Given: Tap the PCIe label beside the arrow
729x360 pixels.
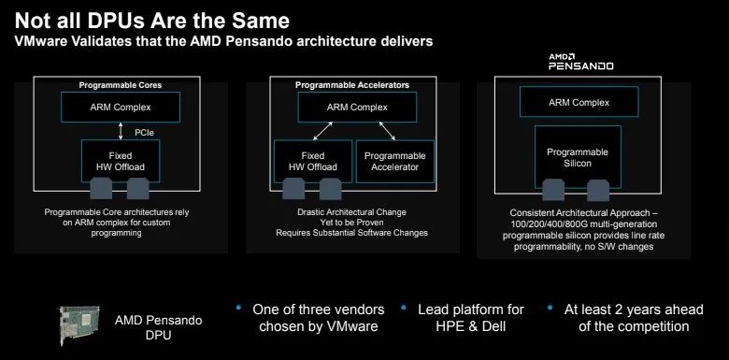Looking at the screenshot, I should point(144,132).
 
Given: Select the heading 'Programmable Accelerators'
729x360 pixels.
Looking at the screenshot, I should point(351,85).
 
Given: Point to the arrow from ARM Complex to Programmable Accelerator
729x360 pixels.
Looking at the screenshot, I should point(382,130).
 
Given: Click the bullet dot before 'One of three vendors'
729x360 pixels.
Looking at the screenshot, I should point(240,307).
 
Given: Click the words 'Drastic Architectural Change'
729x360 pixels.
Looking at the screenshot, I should point(350,212).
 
